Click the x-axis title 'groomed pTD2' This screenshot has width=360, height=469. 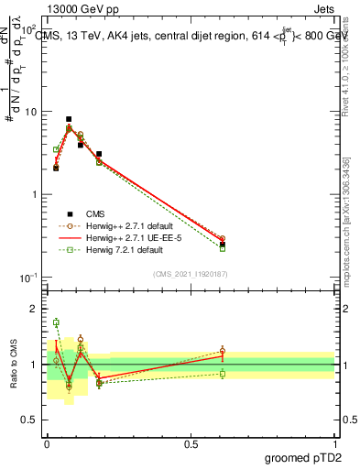pyautogui.click(x=303, y=457)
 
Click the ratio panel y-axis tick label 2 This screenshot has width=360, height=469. pyautogui.click(x=35, y=309)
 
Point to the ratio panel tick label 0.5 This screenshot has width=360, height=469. pyautogui.click(x=30, y=420)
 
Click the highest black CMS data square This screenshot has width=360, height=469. pyautogui.click(x=69, y=119)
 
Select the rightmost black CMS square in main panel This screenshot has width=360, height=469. pyautogui.click(x=223, y=245)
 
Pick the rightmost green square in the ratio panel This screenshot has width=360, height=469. pyautogui.click(x=223, y=374)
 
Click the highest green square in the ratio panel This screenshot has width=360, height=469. pyautogui.click(x=56, y=322)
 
